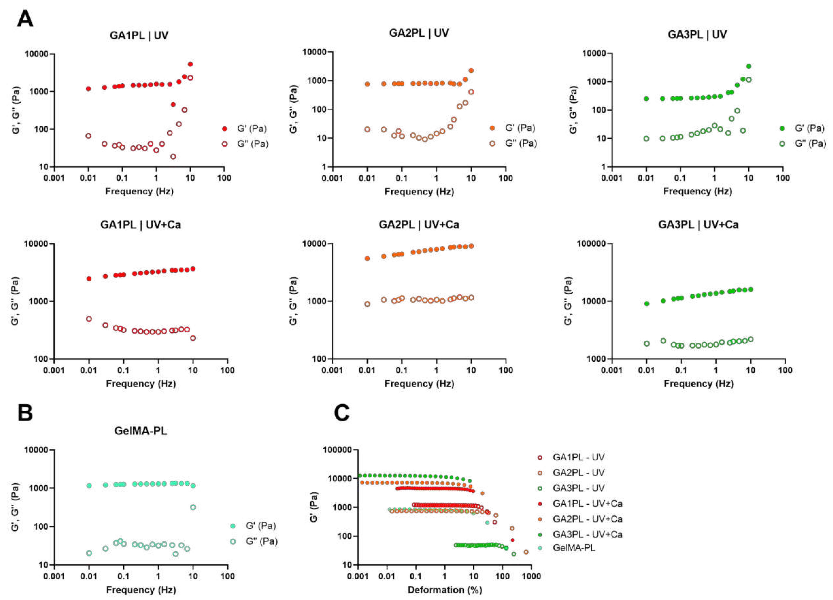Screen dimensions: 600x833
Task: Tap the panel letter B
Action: tap(25, 413)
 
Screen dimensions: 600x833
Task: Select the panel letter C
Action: tap(342, 413)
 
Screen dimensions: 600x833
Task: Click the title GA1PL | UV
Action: tap(139, 36)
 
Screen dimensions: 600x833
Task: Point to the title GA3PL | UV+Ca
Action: tap(698, 224)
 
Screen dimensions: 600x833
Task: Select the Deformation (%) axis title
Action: tap(445, 590)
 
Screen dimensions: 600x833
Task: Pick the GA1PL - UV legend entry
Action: tap(578, 458)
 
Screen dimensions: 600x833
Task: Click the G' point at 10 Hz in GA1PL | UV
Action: tap(190, 64)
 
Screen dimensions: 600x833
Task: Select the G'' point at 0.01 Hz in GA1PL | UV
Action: tap(88, 136)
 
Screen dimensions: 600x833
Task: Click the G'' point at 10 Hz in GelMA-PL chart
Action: tap(193, 507)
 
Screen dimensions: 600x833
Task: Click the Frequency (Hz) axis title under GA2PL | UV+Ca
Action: tap(419, 384)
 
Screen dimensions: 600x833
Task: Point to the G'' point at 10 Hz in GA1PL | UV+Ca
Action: tap(193, 338)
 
